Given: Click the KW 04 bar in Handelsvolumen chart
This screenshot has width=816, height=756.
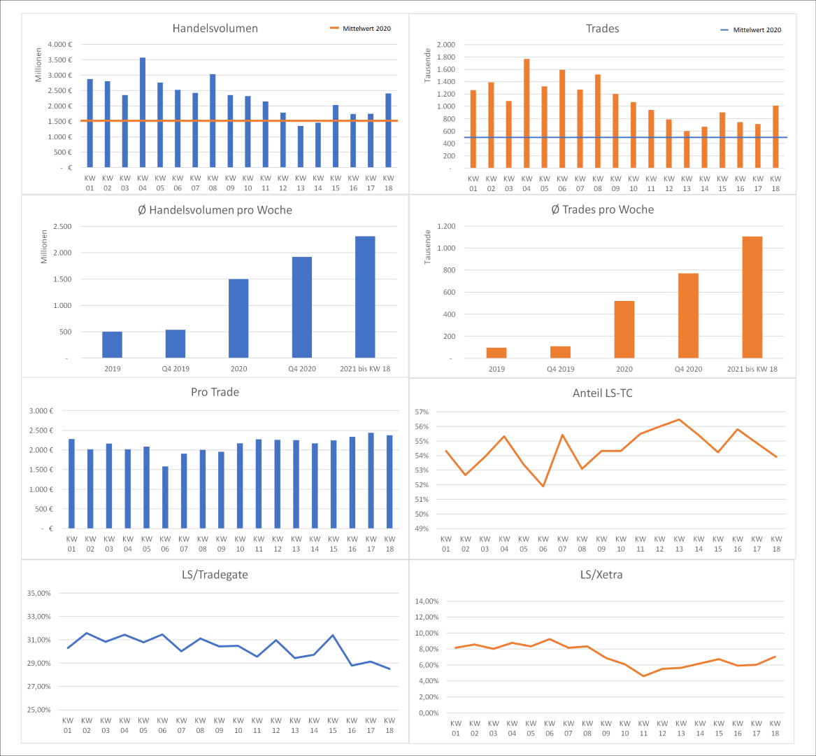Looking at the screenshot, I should click(143, 112).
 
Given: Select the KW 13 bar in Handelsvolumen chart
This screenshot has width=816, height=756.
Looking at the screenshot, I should click(301, 146).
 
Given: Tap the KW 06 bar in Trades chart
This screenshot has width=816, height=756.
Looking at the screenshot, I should click(562, 118).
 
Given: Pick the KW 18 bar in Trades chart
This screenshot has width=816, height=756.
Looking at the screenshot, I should click(775, 136).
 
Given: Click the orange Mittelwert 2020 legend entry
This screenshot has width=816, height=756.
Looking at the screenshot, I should click(360, 29).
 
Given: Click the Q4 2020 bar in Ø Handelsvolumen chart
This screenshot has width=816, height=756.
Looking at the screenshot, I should click(301, 307).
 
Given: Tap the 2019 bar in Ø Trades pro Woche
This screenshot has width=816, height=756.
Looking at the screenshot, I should click(496, 353).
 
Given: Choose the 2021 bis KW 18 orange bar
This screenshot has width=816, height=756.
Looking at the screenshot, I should click(752, 297).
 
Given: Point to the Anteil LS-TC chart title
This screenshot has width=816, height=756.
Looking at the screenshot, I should click(602, 393).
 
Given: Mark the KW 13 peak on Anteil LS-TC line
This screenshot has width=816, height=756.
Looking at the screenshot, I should click(678, 419).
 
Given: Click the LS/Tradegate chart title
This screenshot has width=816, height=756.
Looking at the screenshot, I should click(215, 575).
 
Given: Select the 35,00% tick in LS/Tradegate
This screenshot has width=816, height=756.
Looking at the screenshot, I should click(39, 593).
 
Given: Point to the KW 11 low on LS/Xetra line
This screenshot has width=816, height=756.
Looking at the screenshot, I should click(643, 675).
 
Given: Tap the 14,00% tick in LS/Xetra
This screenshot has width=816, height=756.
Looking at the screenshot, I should click(427, 601).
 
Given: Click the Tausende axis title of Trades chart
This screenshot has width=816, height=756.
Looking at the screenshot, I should click(428, 65).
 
